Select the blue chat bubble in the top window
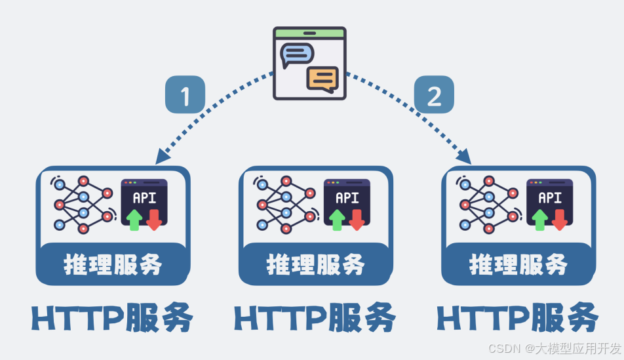coord(296,54)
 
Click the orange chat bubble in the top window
coord(322,79)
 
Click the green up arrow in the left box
coord(134,219)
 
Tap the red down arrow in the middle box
coord(357,219)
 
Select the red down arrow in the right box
coord(559,219)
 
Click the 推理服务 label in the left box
coord(113,264)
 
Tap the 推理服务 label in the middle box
coord(315,264)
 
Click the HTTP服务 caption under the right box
coord(518,319)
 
